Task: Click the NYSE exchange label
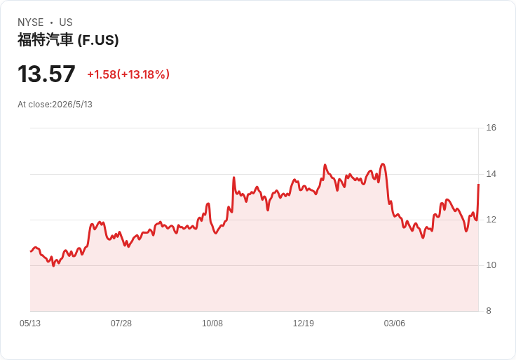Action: coord(31,22)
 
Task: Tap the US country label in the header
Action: coord(66,22)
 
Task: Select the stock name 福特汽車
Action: coord(45,40)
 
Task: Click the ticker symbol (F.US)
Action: coord(98,40)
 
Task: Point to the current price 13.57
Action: coord(46,74)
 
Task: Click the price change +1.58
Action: coord(102,74)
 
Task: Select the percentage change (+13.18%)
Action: coord(143,74)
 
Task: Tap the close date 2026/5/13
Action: coord(72,105)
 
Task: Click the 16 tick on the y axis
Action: coord(491,128)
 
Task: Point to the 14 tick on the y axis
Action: coord(491,174)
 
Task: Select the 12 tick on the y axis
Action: coord(491,220)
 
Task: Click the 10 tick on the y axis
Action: coord(491,265)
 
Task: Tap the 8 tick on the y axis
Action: coord(489,311)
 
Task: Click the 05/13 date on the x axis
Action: coord(30,324)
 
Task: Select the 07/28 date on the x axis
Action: coord(121,324)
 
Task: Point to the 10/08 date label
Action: coord(212,324)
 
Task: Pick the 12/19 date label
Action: coord(304,324)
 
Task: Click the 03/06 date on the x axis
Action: coord(394,324)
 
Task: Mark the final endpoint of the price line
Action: coord(478,185)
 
